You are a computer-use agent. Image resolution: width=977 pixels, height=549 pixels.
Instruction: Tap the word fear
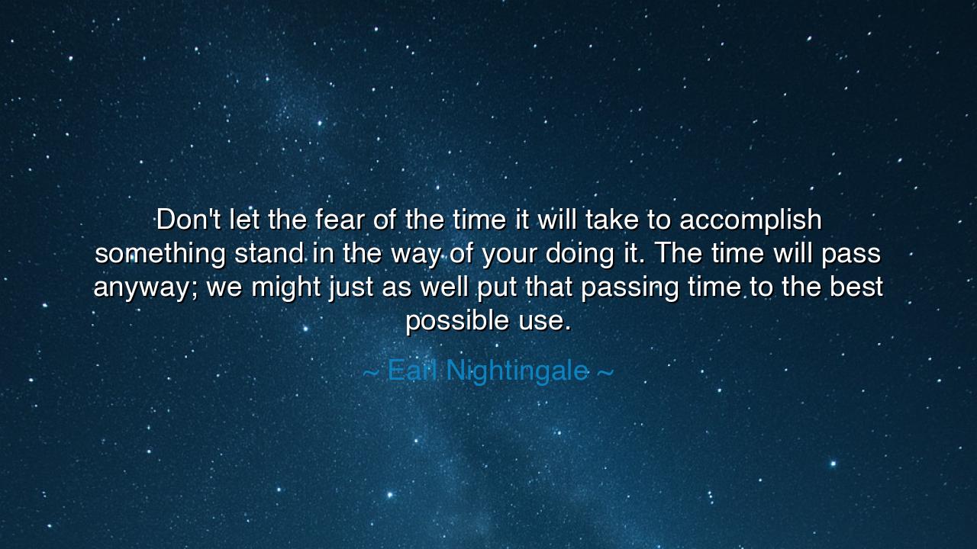tap(340, 219)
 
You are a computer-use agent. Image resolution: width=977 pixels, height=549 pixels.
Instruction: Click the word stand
tap(269, 253)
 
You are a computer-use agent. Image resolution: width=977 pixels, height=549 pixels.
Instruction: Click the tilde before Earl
tap(371, 372)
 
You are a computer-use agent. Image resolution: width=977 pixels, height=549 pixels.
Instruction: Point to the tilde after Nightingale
tap(605, 372)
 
